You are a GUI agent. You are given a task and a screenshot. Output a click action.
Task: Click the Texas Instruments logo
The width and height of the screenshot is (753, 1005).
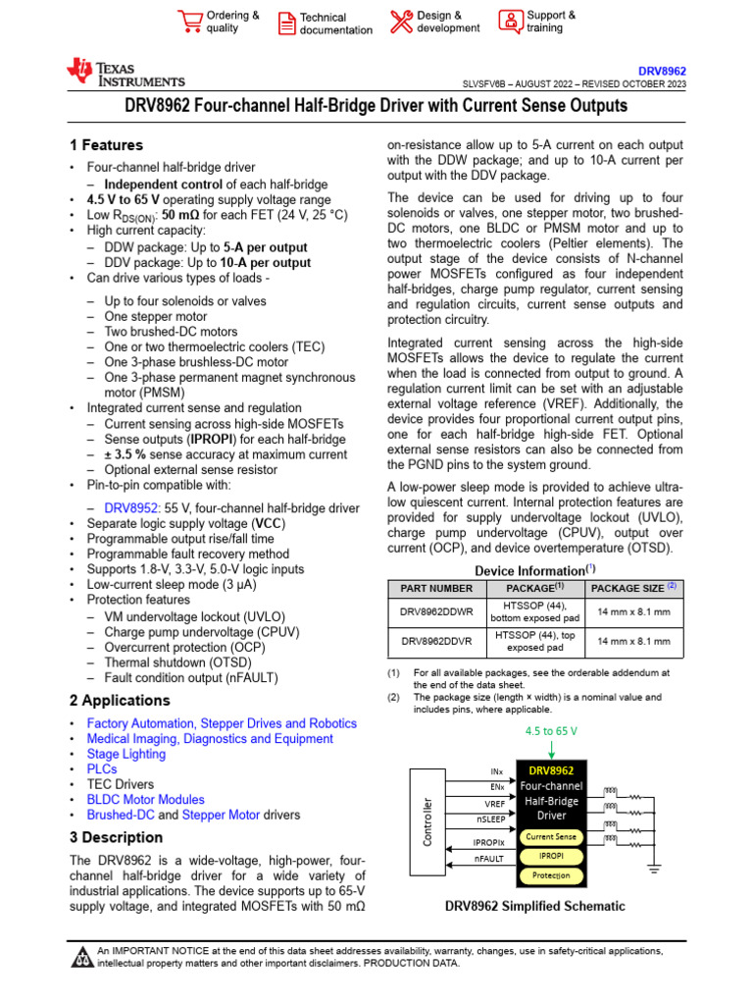[x=125, y=72]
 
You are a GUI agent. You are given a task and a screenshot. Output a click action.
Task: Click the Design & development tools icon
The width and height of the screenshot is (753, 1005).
[x=401, y=21]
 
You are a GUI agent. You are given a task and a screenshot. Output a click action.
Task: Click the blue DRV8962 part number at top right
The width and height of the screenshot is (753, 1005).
[x=662, y=72]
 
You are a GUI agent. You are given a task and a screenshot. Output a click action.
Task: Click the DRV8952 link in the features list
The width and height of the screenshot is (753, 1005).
[x=130, y=508]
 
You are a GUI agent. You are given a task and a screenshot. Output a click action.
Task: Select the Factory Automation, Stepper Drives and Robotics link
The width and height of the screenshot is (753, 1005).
[x=222, y=723]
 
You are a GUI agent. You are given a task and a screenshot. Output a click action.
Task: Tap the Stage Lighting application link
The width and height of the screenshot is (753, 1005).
[x=126, y=754]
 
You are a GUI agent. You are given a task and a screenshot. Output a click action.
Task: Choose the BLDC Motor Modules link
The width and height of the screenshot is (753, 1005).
[x=146, y=800]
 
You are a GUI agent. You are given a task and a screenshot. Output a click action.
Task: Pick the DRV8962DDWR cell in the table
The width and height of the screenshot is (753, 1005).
[x=436, y=610]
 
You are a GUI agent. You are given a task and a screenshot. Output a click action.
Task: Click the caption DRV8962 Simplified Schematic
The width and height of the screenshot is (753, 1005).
[x=534, y=906]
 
